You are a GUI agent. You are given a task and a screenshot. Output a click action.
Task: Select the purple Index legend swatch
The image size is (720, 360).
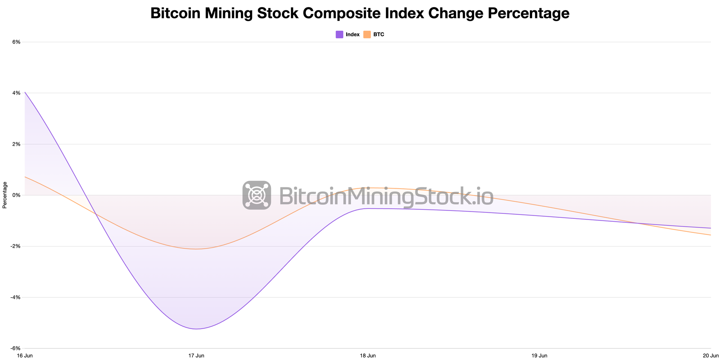[x=339, y=35]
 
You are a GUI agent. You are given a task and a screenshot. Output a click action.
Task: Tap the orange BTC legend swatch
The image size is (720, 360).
[x=367, y=35]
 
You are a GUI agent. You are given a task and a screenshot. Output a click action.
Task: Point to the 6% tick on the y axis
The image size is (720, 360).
[x=16, y=42]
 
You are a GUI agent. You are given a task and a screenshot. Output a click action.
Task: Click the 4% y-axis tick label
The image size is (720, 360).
[x=16, y=93]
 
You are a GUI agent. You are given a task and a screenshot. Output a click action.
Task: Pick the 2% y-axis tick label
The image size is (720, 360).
[x=16, y=144]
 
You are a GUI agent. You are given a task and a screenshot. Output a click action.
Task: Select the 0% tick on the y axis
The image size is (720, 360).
[x=16, y=195]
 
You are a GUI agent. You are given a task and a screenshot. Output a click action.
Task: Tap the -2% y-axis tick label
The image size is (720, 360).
[x=15, y=246]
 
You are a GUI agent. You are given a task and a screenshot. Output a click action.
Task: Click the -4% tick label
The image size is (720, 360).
[x=15, y=297]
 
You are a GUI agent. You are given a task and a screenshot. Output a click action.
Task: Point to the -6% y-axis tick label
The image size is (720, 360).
[x=15, y=348]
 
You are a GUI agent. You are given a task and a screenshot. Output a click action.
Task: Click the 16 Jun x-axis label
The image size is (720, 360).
[x=25, y=356]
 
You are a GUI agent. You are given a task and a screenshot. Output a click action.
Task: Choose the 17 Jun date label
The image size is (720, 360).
[x=196, y=356]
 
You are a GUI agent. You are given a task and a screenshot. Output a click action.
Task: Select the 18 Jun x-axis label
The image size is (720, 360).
[x=368, y=356]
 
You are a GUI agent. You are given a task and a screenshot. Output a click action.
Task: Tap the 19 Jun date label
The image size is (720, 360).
[x=539, y=356]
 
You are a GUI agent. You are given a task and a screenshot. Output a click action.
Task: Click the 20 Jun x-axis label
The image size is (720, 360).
[x=711, y=356]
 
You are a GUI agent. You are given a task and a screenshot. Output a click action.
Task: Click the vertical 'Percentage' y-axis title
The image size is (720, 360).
[x=5, y=195]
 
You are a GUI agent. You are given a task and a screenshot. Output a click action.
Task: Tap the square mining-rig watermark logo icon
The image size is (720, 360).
[x=257, y=195]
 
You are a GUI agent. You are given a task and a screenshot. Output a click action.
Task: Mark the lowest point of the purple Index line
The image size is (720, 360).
[x=196, y=329]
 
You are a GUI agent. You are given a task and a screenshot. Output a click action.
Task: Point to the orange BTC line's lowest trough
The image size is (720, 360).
[x=196, y=249]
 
